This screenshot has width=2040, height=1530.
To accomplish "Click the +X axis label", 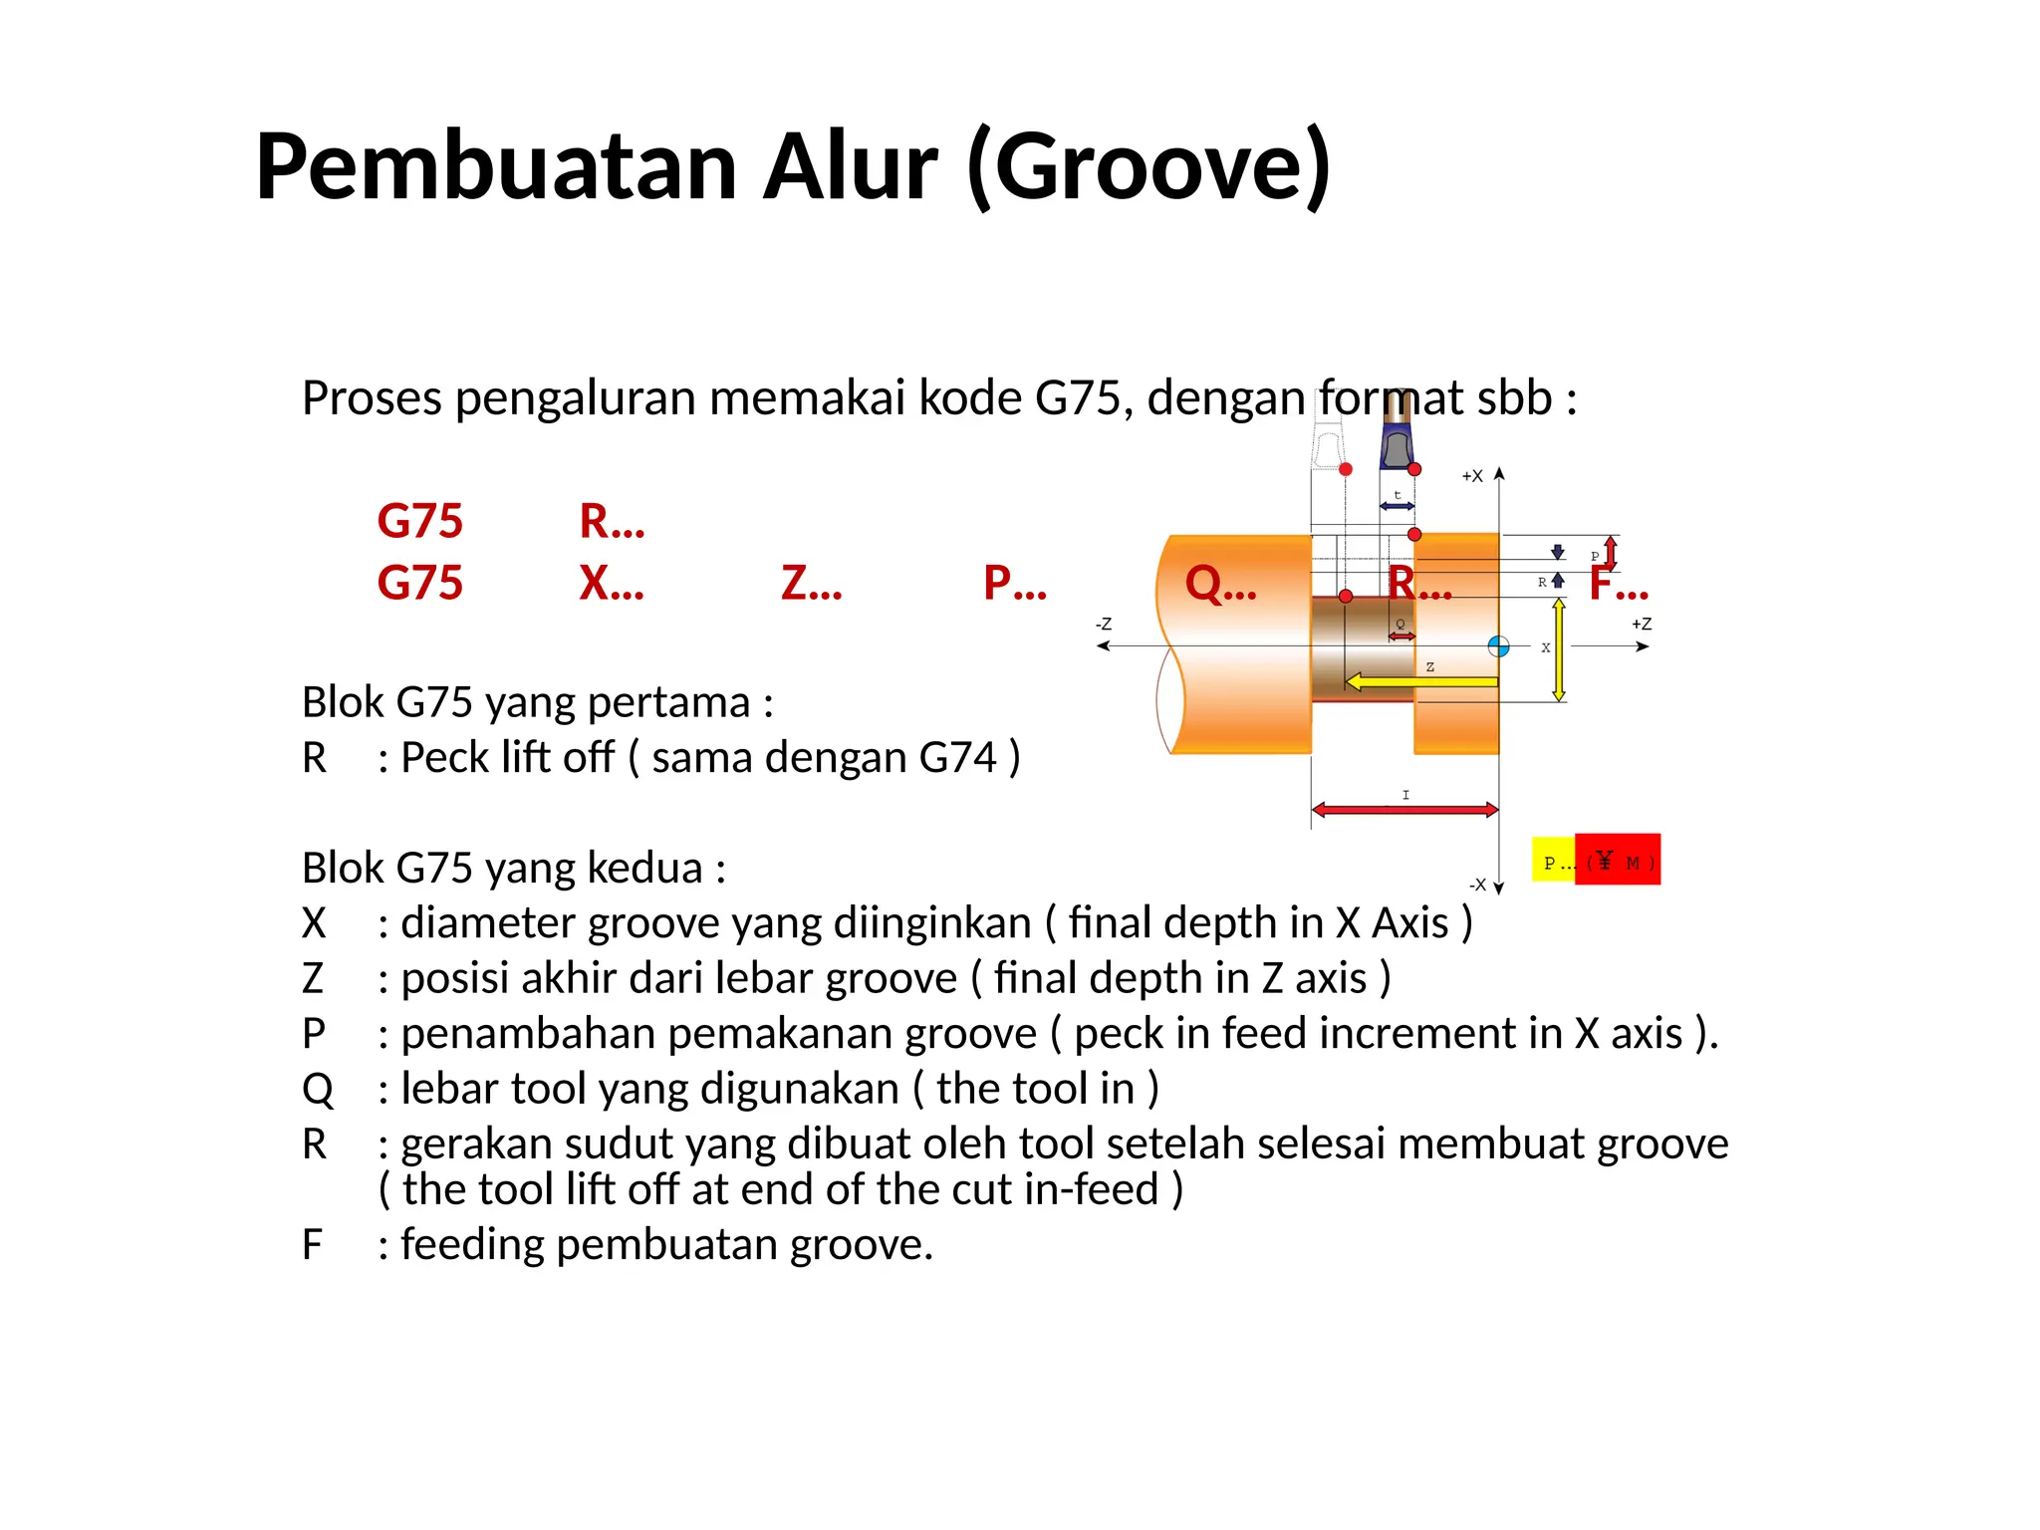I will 1471,476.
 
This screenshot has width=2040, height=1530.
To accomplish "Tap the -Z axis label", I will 1104,625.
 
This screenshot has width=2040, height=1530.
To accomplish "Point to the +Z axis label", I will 1641,625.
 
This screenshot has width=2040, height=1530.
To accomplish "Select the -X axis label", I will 1477,885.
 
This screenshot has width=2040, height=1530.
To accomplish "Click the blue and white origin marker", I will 1498,646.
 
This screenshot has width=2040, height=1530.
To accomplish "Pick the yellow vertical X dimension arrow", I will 1559,650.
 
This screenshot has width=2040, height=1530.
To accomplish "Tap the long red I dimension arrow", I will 1404,810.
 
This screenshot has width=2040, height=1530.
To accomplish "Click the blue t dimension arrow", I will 1397,506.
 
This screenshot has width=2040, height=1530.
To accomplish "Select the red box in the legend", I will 1619,859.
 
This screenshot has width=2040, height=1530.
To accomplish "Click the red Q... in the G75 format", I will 1220,583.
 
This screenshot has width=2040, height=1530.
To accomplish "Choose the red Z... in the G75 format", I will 811,583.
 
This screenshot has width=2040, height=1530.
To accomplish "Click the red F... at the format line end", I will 1619,583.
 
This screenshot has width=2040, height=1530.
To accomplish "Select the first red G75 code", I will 419,521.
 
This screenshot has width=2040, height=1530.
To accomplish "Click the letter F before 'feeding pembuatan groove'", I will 312,1245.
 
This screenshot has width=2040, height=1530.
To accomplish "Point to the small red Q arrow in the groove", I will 1402,636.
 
